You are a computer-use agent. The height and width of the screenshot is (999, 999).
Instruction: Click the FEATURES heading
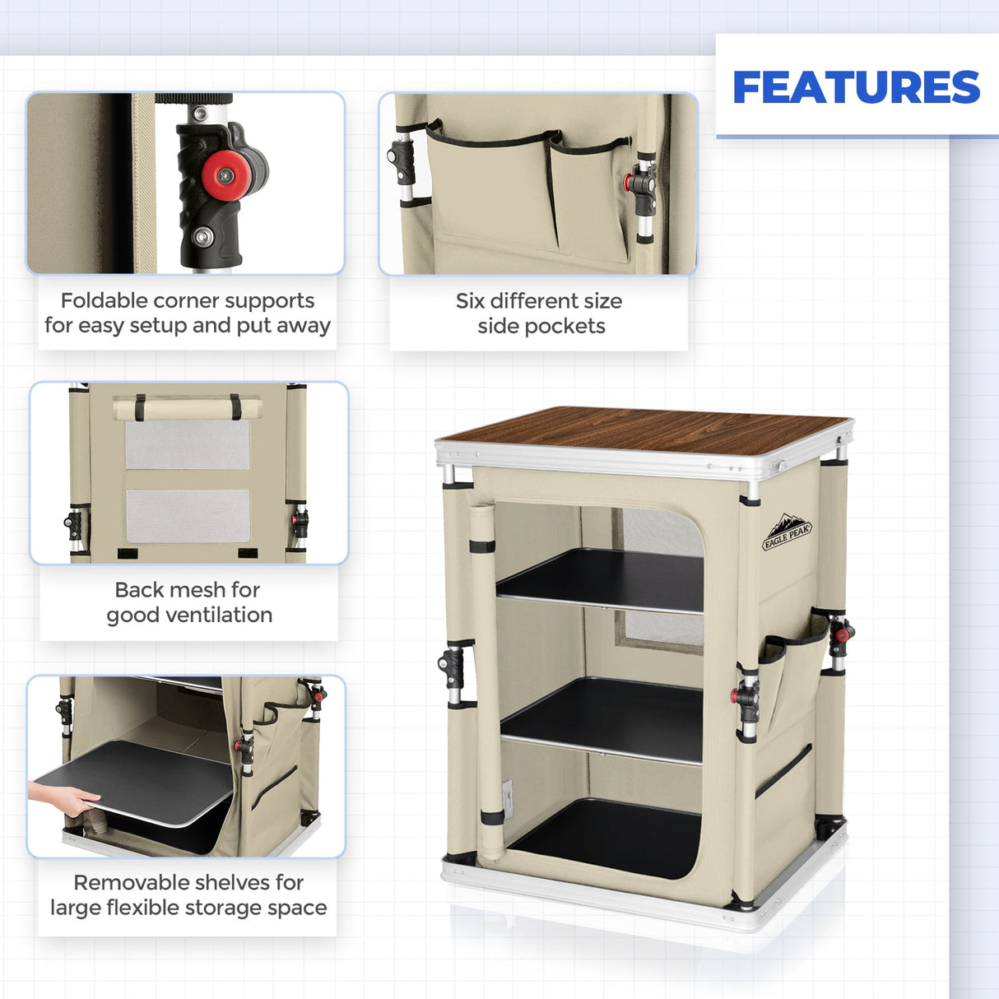tap(856, 87)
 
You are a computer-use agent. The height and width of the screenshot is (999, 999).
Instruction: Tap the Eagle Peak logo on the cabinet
tap(787, 531)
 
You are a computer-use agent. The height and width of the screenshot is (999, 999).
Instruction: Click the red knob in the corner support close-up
tap(226, 174)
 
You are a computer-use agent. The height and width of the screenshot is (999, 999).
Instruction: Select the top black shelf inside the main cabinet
tap(601, 579)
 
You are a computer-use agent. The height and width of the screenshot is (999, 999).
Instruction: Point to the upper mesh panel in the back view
tap(187, 445)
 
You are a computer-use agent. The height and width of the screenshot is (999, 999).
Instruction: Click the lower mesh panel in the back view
tap(188, 516)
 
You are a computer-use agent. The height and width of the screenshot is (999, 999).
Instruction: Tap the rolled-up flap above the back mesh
tap(187, 408)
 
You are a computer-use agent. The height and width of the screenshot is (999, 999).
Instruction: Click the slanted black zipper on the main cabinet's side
tap(783, 771)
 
